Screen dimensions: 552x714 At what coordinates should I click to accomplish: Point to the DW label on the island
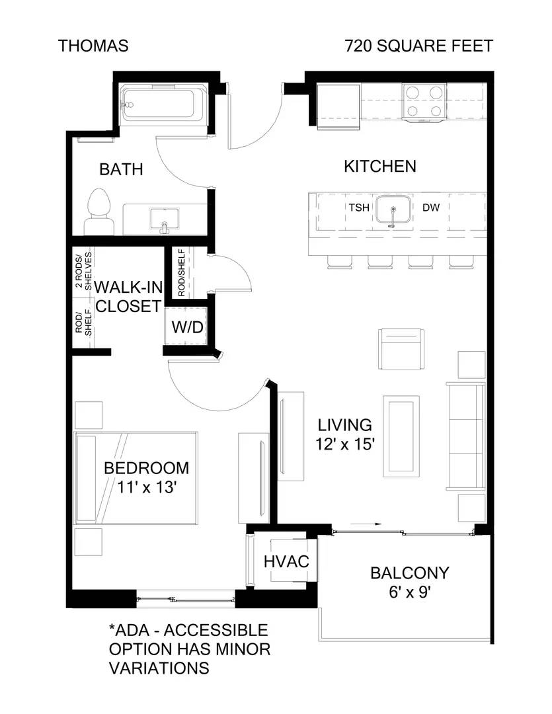click(431, 208)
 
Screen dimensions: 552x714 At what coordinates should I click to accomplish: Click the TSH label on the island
click(359, 208)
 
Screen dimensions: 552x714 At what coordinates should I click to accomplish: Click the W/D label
click(187, 327)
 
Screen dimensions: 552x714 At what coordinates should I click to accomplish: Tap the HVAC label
click(286, 561)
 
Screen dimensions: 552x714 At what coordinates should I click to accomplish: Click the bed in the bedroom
click(136, 478)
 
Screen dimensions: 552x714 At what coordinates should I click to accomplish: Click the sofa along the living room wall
click(465, 436)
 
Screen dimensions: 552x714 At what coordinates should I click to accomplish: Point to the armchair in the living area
click(401, 349)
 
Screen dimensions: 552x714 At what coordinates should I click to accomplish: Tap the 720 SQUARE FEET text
click(419, 46)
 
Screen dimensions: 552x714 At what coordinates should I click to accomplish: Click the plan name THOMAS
click(93, 46)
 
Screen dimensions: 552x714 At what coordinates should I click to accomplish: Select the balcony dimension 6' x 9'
click(410, 592)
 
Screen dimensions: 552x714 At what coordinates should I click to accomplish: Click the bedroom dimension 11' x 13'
click(147, 487)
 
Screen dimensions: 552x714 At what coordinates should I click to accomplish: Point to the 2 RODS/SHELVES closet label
click(84, 270)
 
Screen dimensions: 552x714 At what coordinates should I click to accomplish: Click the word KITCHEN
click(380, 167)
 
